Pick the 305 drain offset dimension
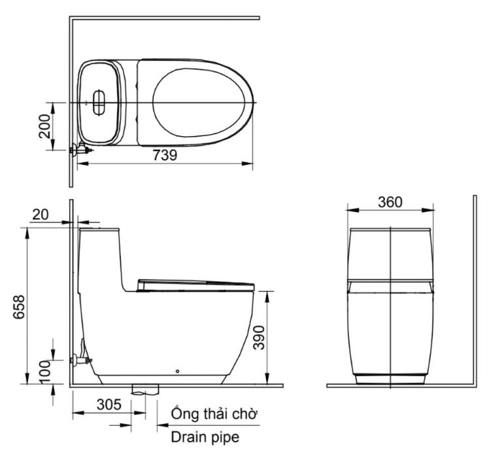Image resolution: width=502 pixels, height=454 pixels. (x=108, y=404)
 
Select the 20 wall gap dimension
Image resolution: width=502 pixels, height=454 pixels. (x=41, y=214)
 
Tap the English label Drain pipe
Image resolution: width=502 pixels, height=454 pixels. (x=205, y=437)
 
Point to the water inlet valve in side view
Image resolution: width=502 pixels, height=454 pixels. (x=82, y=359)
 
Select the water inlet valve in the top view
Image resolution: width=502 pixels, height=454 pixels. (x=80, y=150)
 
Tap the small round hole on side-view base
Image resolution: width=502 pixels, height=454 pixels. (x=178, y=373)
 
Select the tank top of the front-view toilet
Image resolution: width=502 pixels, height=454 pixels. (x=390, y=231)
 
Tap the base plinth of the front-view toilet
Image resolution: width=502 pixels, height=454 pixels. (x=390, y=379)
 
